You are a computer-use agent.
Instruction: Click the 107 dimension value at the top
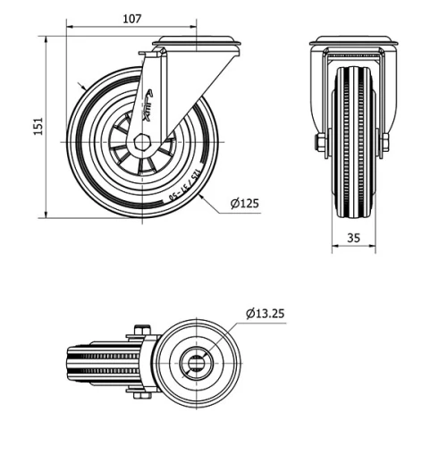131,18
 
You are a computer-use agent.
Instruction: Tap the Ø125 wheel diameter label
244,205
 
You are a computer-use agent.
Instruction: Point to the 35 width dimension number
352,238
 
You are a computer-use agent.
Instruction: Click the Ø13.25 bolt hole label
265,313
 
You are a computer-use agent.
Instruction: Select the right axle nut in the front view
385,143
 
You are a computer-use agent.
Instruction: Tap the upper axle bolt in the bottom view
139,332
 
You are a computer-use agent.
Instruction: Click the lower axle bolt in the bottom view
139,391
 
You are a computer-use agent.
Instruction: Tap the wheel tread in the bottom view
98,361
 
